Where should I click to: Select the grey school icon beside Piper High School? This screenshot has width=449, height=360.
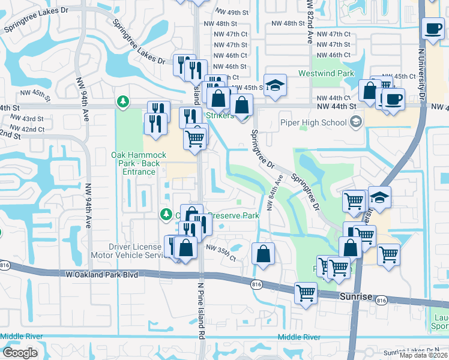(x=356, y=123)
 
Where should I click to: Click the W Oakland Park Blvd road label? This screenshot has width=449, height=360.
(x=99, y=274)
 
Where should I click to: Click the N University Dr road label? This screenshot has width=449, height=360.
(x=421, y=66)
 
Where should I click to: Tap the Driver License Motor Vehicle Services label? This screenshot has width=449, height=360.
(x=135, y=250)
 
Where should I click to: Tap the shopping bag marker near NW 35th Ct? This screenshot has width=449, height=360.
(x=263, y=253)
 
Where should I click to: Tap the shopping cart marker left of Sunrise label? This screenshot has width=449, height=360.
(x=306, y=293)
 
